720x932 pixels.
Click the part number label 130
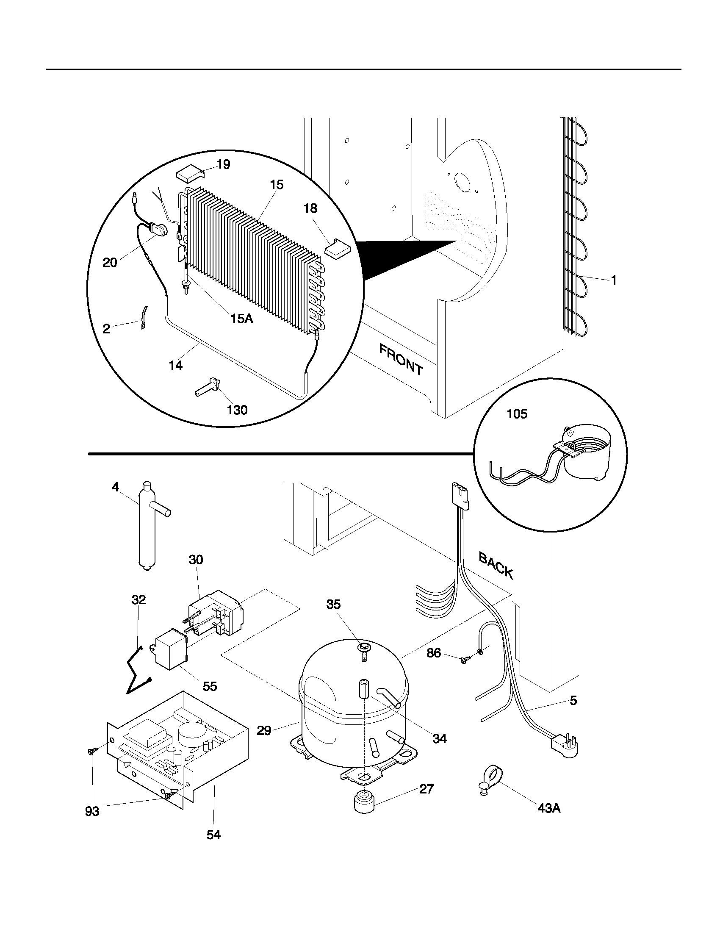237,410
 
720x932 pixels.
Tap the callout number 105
517,414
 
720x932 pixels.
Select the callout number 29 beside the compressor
264,731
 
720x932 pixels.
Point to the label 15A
242,318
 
